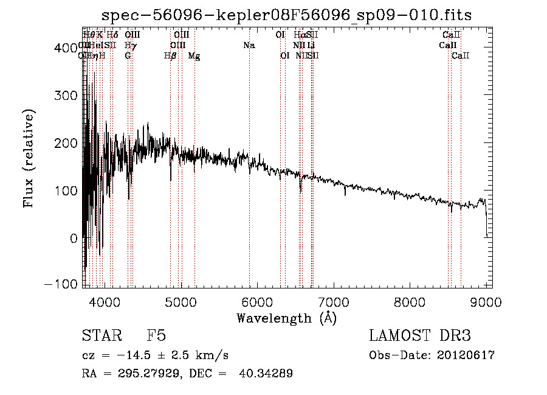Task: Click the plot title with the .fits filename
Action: pyautogui.click(x=287, y=15)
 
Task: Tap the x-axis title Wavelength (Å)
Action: pyautogui.click(x=287, y=318)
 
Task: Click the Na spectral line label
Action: pyautogui.click(x=249, y=46)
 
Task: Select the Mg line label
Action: pyautogui.click(x=194, y=56)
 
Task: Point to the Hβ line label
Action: pyautogui.click(x=170, y=56)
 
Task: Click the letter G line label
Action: pyautogui.click(x=128, y=56)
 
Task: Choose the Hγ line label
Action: pyautogui.click(x=130, y=46)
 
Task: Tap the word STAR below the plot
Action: pyautogui.click(x=100, y=336)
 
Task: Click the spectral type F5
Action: pyautogui.click(x=156, y=336)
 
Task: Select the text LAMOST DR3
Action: pyautogui.click(x=419, y=336)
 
